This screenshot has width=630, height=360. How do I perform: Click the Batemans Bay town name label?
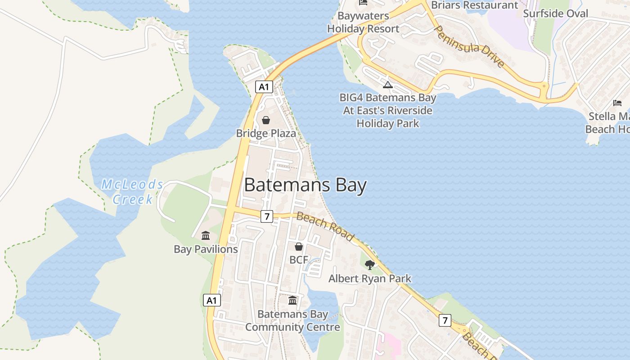pyautogui.click(x=305, y=185)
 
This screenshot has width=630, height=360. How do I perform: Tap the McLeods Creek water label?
pyautogui.click(x=132, y=191)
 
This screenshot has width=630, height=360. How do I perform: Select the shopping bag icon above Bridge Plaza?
pyautogui.click(x=266, y=120)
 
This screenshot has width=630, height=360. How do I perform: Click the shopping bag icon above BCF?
pyautogui.click(x=298, y=247)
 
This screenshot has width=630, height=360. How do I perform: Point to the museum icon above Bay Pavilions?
pyautogui.click(x=206, y=235)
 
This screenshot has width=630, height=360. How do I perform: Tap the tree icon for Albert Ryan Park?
pyautogui.click(x=370, y=265)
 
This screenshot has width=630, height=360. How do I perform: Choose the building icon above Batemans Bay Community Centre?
pyautogui.click(x=292, y=300)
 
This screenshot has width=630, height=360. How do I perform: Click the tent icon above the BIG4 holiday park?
pyautogui.click(x=388, y=85)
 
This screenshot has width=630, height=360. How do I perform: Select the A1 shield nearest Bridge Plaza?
pyautogui.click(x=264, y=87)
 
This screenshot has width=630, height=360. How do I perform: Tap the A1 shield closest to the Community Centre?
pyautogui.click(x=212, y=300)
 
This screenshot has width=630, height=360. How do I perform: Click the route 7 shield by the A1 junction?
pyautogui.click(x=267, y=216)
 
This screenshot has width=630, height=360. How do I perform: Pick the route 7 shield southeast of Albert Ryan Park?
pyautogui.click(x=445, y=320)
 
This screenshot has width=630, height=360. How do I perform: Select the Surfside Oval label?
pyautogui.click(x=555, y=13)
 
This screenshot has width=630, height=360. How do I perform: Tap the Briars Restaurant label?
pyautogui.click(x=468, y=5)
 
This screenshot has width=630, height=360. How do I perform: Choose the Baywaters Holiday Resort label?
pyautogui.click(x=363, y=22)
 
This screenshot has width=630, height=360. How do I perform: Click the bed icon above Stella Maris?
pyautogui.click(x=617, y=103)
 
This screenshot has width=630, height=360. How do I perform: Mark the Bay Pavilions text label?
pyautogui.click(x=206, y=249)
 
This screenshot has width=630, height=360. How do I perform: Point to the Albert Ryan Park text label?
pyautogui.click(x=370, y=279)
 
